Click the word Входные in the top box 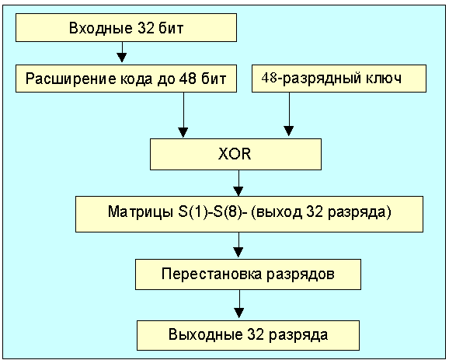101,28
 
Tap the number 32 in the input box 146,28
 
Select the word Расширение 71,79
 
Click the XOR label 235,154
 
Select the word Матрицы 141,212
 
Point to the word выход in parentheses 278,212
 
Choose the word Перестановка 211,274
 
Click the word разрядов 301,274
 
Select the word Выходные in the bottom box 205,334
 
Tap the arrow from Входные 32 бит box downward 122,52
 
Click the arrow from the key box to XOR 289,114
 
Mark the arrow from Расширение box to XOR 183,114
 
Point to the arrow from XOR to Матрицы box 238,183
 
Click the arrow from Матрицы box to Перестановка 238,245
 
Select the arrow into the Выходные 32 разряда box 239,304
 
